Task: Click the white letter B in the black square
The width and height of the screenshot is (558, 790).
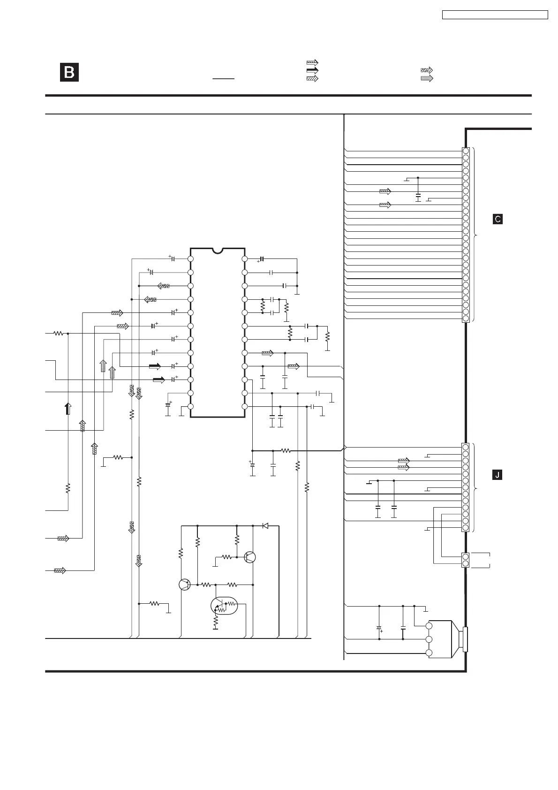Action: [69, 72]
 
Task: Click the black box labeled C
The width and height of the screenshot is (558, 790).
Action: [498, 219]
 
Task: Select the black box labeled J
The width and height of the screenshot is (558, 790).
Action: [497, 475]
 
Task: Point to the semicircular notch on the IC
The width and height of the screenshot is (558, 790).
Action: [218, 251]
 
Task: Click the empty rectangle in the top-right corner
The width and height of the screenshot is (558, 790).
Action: [495, 15]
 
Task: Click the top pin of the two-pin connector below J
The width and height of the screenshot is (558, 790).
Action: [466, 556]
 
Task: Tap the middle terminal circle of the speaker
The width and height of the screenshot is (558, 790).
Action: [429, 639]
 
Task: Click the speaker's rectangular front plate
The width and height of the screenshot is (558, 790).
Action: [465, 639]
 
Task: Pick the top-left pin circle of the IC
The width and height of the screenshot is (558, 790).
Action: [190, 259]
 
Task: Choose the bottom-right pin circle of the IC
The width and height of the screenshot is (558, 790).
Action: [244, 406]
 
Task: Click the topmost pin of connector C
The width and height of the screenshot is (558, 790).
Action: [466, 151]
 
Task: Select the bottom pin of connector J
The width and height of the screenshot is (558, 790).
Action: [466, 528]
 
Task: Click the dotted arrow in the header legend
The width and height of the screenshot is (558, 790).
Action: [426, 78]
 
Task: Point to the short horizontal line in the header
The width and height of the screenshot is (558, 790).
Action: [223, 79]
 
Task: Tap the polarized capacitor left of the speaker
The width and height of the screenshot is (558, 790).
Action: [379, 628]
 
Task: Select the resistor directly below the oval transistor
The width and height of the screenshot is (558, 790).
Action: [216, 622]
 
